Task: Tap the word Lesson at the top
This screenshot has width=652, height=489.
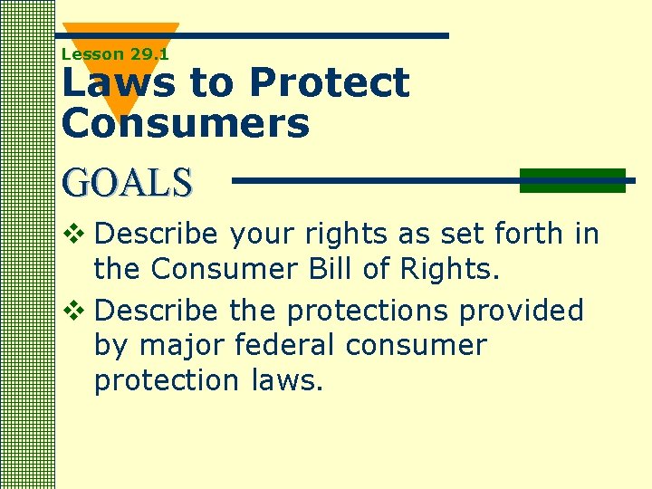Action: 92,54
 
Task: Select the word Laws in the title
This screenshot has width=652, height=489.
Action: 118,83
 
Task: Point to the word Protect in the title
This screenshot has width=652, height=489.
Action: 329,83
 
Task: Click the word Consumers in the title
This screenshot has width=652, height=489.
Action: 186,123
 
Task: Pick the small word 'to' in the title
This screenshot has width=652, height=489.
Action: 210,83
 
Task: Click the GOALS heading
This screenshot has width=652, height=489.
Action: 128,183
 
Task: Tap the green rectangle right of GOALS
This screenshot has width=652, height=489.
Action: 572,180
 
